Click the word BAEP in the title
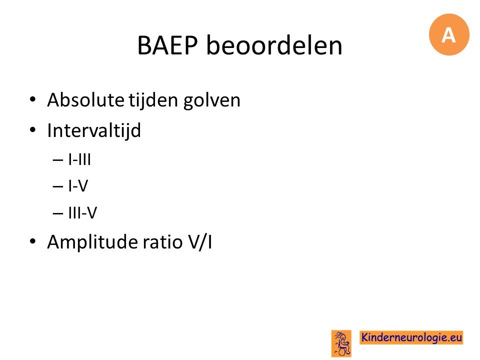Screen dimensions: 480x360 pos(167,45)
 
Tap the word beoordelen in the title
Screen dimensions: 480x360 pos(274,45)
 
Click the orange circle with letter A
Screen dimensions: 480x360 pos(449,34)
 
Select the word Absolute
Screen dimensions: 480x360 pos(85,100)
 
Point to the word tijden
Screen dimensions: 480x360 pos(153,100)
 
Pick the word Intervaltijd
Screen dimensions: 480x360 pos(94,130)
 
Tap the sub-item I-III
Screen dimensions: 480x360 pos(79,159)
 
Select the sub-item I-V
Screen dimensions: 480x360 pos(78,186)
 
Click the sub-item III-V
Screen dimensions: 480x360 pos(82,212)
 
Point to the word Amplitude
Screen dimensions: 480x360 pos(93,242)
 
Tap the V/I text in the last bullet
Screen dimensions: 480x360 pos(199,242)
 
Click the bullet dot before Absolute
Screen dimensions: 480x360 pos(33,99)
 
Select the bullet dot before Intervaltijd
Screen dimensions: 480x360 pos(33,130)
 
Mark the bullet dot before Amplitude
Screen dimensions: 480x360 pos(33,241)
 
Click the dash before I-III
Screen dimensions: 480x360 pos(58,160)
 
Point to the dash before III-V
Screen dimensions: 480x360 pos(58,213)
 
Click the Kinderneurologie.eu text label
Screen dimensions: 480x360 pos(411,337)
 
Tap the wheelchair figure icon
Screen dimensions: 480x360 pos(341,343)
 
